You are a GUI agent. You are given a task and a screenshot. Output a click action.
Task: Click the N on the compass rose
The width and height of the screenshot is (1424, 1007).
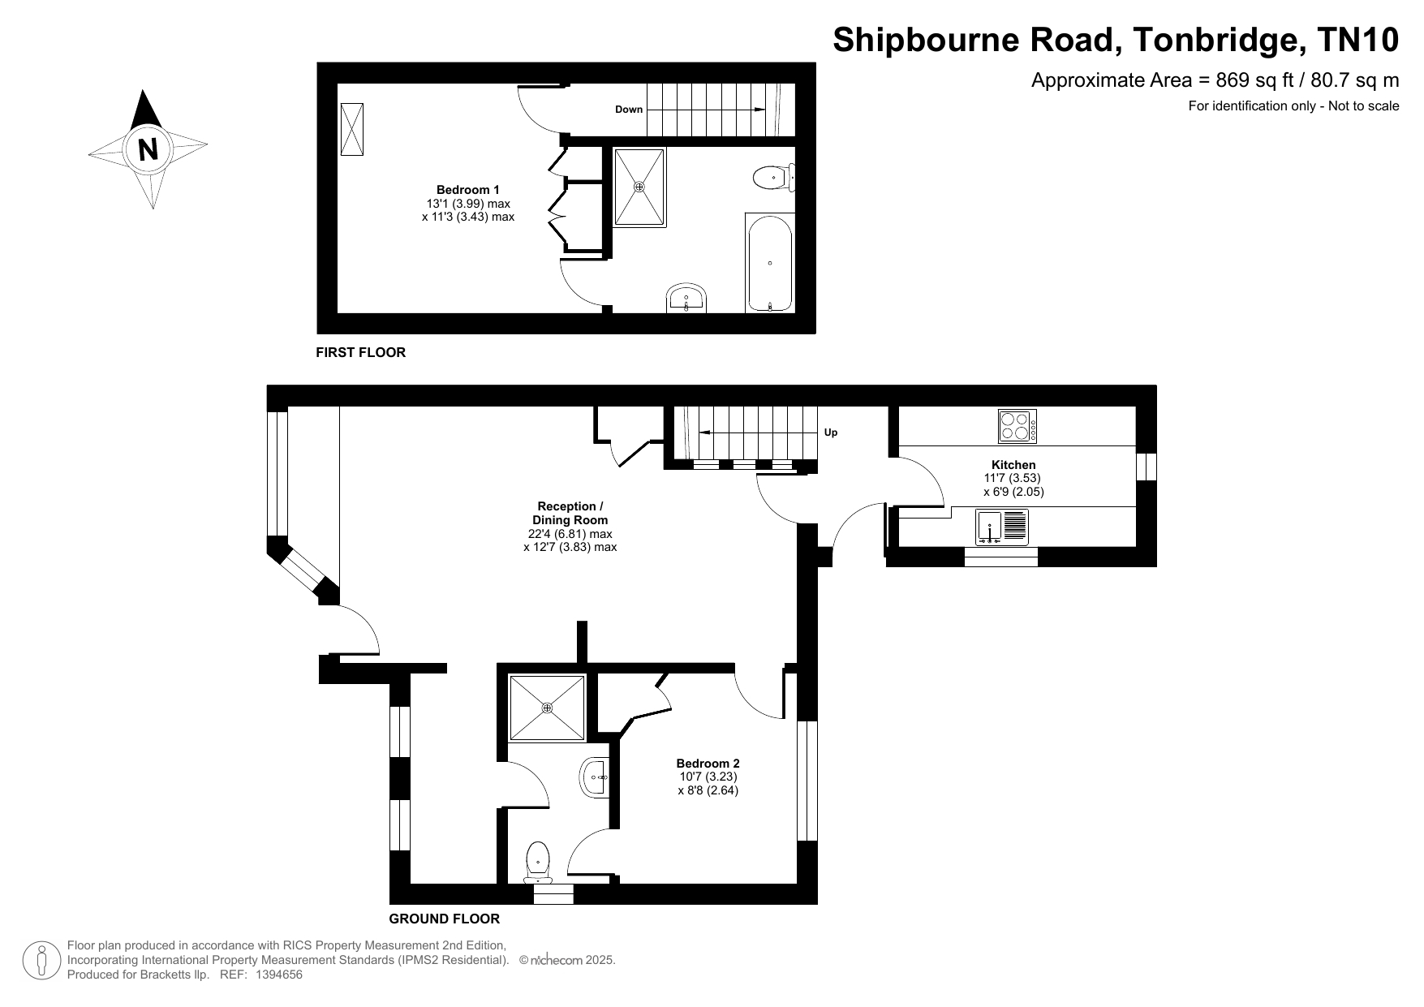[x=148, y=149]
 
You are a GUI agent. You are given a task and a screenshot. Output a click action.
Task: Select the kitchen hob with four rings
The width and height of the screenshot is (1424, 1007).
[x=1017, y=426]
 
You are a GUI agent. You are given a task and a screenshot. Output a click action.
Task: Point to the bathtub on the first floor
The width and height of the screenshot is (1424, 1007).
[x=769, y=262]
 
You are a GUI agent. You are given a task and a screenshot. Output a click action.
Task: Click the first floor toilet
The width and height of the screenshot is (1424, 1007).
[x=773, y=177]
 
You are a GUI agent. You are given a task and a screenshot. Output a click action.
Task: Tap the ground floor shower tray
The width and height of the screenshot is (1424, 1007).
[x=547, y=708]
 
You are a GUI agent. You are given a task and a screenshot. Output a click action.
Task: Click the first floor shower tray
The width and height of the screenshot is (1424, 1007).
[x=639, y=187]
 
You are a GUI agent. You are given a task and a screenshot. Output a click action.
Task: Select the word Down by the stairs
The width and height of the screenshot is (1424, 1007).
[x=629, y=110]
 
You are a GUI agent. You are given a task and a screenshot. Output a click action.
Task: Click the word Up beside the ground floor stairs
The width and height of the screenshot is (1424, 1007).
[x=831, y=432]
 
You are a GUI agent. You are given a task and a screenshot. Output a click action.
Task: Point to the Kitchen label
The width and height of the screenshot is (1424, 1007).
[x=1013, y=465]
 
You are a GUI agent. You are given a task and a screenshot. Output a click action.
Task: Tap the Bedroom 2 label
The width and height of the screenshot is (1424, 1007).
[x=708, y=764]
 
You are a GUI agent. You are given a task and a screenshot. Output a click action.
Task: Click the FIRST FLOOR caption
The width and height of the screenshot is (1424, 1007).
[x=360, y=353]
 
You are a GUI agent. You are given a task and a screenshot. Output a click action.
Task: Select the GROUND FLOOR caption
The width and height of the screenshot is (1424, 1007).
[x=445, y=919]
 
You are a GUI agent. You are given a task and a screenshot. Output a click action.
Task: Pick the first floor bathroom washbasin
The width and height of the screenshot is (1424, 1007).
[x=687, y=299]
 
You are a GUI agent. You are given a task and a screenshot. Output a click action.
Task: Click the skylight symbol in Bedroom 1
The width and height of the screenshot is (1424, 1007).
[x=352, y=129]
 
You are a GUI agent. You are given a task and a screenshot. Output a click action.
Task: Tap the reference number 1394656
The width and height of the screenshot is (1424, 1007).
[x=279, y=975]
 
